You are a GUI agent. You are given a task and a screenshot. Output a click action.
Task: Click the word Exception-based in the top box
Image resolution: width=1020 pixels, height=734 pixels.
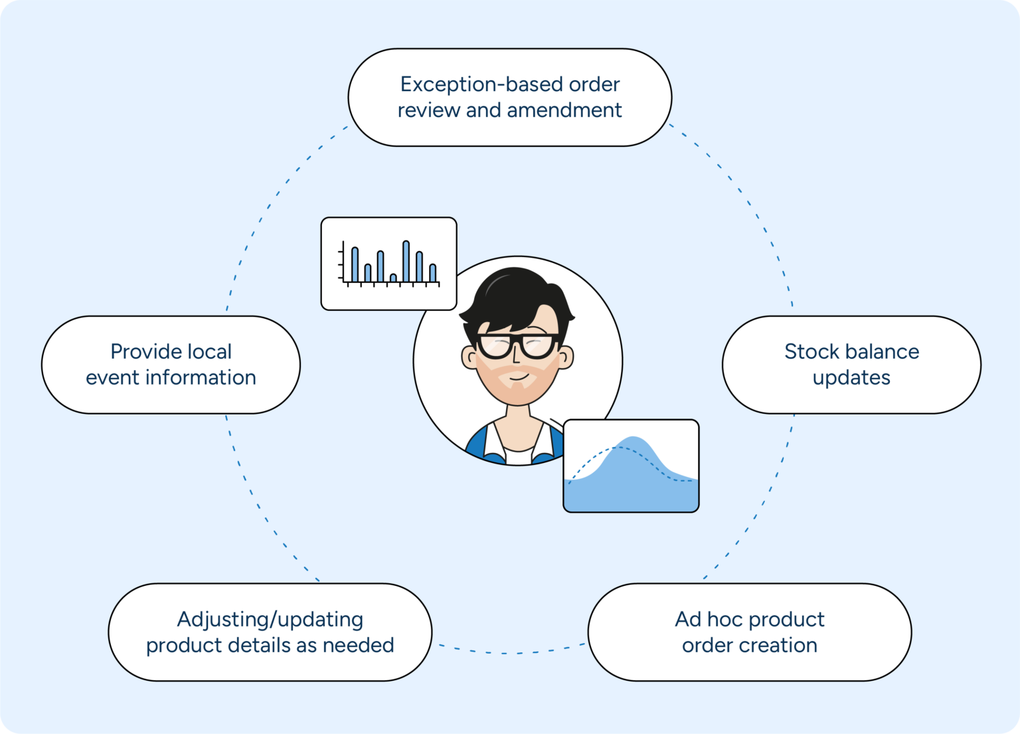(459, 85)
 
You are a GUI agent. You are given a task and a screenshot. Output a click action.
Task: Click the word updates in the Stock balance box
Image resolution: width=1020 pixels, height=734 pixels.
(851, 378)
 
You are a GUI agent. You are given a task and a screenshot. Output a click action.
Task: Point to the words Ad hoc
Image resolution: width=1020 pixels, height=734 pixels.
(707, 619)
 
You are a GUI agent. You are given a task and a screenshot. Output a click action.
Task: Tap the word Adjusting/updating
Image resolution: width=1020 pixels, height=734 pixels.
(270, 620)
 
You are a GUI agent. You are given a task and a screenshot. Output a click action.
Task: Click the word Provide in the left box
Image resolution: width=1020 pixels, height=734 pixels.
(140, 351)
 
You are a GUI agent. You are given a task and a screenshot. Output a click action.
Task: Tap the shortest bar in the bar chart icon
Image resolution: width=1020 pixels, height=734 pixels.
(393, 278)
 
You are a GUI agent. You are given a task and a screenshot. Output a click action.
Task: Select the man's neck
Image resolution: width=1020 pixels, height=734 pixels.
(519, 425)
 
